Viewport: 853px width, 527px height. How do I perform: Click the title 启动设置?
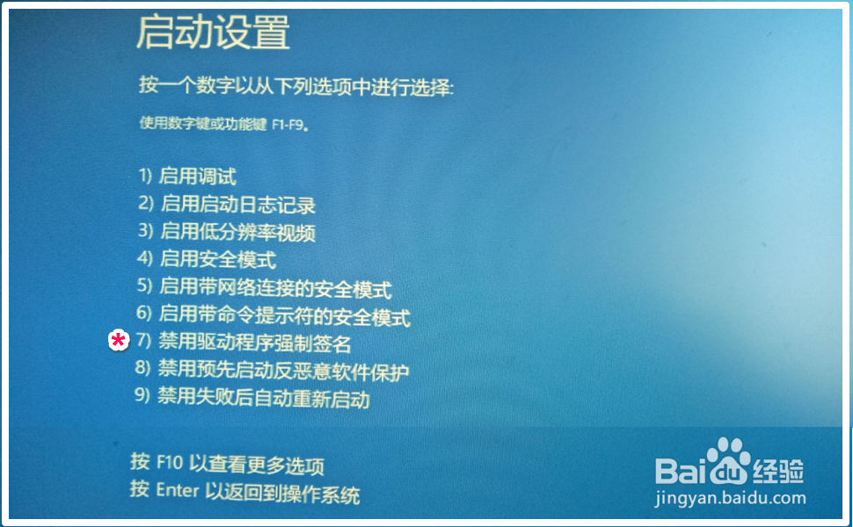click(x=213, y=32)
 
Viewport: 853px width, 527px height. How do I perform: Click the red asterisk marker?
click(x=118, y=341)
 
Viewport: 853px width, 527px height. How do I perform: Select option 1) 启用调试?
click(x=187, y=176)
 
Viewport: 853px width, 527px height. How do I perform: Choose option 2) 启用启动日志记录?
click(x=226, y=204)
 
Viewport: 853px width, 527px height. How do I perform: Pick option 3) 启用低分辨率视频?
click(x=226, y=232)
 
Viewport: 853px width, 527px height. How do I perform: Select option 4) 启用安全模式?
click(x=207, y=259)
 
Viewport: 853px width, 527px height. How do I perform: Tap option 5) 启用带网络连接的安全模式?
click(x=265, y=287)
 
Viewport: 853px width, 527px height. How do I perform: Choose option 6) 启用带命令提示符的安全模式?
click(x=273, y=315)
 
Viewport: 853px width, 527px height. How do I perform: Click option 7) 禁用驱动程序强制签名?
click(x=244, y=343)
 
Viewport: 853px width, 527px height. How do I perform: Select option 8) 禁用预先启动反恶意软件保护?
click(x=272, y=371)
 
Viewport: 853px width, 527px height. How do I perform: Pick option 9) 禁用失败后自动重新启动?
click(x=252, y=397)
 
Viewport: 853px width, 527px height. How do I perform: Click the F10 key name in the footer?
click(x=170, y=462)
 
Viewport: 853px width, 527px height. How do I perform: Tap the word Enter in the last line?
click(x=178, y=490)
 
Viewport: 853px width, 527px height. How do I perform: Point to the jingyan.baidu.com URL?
click(x=731, y=498)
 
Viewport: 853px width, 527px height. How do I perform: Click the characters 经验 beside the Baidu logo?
click(x=778, y=471)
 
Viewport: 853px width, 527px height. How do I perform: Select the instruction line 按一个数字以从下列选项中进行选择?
click(x=296, y=86)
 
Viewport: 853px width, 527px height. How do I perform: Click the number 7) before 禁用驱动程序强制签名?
click(x=143, y=341)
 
